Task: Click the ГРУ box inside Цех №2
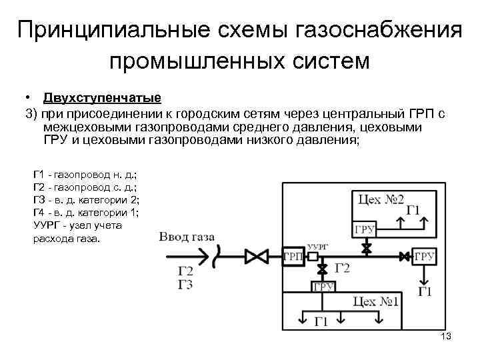pos(364,230)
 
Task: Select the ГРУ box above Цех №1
pos(323,287)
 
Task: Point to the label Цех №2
pos(381,199)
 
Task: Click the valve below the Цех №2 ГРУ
pos(365,248)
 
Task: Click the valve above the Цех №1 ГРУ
pos(323,269)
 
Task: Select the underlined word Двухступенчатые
pos(102,99)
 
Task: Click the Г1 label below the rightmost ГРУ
pos(425,291)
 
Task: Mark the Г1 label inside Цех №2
pos(413,213)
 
